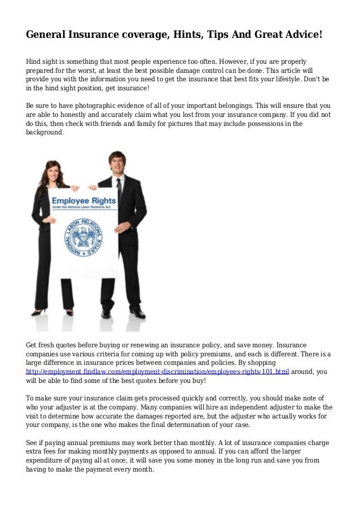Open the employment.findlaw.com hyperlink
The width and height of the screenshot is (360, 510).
[158, 372]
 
